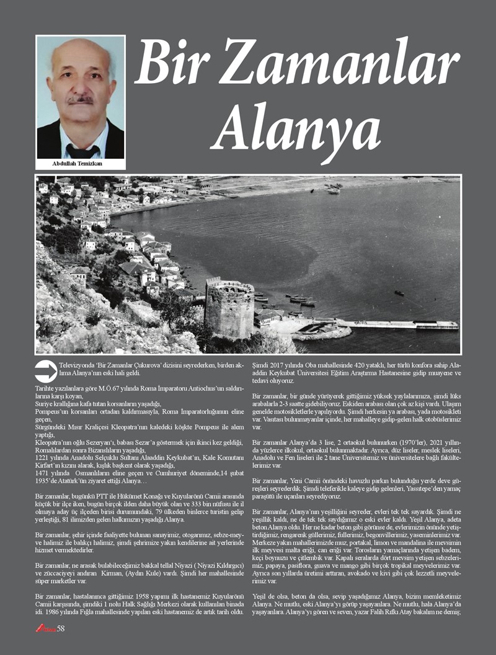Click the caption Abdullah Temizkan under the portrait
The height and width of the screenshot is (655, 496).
click(80, 164)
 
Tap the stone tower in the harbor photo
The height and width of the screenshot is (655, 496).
click(229, 306)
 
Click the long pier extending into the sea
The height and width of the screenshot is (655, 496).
click(397, 324)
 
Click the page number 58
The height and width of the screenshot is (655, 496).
click(61, 628)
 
